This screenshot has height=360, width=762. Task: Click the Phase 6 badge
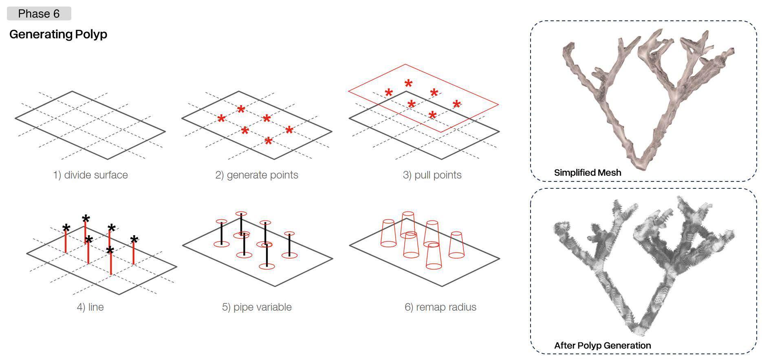tap(39, 13)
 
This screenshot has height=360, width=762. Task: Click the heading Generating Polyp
tap(58, 34)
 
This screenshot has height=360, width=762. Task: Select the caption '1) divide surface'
tap(90, 175)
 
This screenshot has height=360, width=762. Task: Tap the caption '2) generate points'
tap(257, 175)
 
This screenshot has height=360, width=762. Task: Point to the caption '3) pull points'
tap(432, 175)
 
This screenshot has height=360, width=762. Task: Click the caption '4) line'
tap(90, 307)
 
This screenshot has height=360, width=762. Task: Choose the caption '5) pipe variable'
tap(257, 307)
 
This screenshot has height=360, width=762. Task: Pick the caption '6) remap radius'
tap(440, 307)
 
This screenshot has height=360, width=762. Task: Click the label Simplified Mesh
tap(588, 172)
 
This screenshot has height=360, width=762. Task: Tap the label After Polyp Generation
tap(602, 345)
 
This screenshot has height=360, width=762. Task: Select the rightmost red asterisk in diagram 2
tap(289, 130)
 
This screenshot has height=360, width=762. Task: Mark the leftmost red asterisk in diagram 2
tap(221, 119)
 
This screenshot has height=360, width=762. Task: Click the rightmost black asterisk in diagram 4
tap(134, 240)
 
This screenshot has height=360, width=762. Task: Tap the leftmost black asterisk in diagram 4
tap(66, 228)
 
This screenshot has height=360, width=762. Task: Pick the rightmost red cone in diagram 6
tap(456, 245)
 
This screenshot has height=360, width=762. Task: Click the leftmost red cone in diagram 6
tap(388, 233)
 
